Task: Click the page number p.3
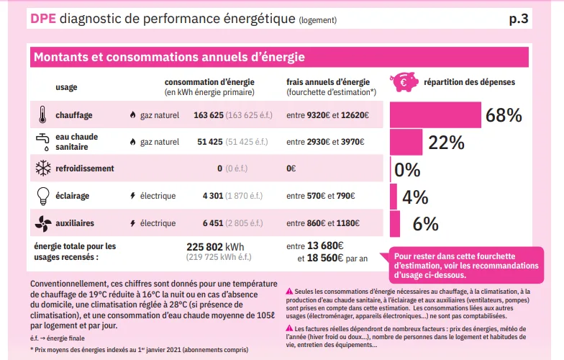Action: click(x=518, y=19)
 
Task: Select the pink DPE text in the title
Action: click(x=43, y=19)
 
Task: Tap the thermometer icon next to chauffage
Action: click(x=42, y=114)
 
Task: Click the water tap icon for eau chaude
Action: click(x=42, y=140)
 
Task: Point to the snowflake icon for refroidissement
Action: click(x=42, y=168)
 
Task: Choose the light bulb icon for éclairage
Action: click(x=42, y=195)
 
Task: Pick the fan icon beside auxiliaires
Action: click(x=42, y=223)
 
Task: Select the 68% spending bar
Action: click(x=435, y=115)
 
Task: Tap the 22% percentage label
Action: click(x=446, y=143)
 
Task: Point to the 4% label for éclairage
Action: click(x=415, y=197)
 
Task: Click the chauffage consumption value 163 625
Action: click(x=209, y=114)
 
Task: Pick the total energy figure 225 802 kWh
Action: click(x=215, y=246)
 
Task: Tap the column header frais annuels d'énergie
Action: click(x=328, y=82)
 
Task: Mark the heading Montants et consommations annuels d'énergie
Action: click(x=169, y=57)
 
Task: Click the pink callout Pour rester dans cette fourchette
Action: click(x=455, y=265)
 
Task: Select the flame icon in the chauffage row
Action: click(x=132, y=115)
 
